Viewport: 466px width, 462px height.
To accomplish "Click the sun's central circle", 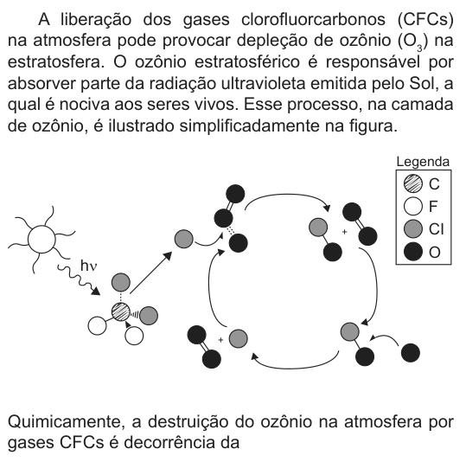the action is [x=41, y=239].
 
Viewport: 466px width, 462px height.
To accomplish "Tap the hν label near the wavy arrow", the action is [x=88, y=266].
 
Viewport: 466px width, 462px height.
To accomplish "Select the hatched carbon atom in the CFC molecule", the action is [x=121, y=312].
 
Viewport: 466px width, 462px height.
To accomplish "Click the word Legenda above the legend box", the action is [x=423, y=162].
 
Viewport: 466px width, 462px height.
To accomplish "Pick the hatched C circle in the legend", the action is [x=413, y=183].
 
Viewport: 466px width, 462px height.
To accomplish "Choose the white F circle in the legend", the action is [x=413, y=206].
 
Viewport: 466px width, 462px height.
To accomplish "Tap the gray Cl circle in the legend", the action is [x=413, y=229].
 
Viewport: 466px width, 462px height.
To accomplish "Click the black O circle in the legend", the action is [x=413, y=252].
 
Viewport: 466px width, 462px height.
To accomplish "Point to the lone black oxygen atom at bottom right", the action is [x=411, y=353].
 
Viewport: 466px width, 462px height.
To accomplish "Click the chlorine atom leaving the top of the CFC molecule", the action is [x=121, y=282].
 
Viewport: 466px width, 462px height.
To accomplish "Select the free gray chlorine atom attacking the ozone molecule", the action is [x=183, y=239].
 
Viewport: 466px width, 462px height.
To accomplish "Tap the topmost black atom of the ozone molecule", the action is [x=235, y=194].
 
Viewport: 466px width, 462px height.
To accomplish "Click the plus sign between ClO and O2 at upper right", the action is [x=344, y=232].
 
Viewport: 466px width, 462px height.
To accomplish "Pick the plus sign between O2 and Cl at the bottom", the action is [x=220, y=340].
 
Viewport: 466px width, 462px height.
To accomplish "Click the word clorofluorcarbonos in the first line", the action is [x=313, y=20].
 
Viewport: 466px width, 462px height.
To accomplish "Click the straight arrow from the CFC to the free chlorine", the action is [x=151, y=273].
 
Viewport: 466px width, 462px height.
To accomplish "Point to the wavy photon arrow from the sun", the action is [x=79, y=280].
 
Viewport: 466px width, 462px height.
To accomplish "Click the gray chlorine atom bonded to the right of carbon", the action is [x=149, y=316].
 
